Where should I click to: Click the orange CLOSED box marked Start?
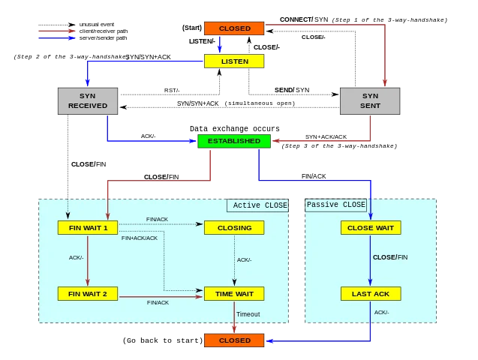click(234, 28)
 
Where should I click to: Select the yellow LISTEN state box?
click(234, 61)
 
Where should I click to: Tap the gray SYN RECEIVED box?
click(88, 101)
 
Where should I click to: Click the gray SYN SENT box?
click(370, 101)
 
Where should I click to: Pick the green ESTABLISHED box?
click(234, 141)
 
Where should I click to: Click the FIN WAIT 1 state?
click(88, 228)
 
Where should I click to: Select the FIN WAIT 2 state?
click(88, 294)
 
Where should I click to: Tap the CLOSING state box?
click(234, 228)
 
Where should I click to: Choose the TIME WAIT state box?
click(234, 294)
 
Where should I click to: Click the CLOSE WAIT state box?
click(371, 228)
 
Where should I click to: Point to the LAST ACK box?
click(371, 294)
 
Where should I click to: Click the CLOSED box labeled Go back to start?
click(234, 340)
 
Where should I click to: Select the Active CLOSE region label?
click(257, 205)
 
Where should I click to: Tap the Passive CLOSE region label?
click(336, 205)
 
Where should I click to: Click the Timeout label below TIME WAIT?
click(248, 314)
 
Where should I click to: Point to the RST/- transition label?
click(172, 91)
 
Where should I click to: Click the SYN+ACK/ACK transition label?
click(326, 137)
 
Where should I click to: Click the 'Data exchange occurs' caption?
click(234, 128)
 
